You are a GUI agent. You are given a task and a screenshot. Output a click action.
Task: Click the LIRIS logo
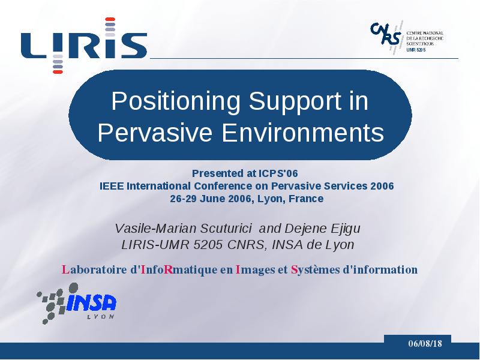point(84,46)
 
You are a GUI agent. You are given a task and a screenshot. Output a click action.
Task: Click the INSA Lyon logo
point(76,304)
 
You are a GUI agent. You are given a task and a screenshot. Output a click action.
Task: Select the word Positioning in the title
point(175,101)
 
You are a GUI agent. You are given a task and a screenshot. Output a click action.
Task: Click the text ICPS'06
point(278,173)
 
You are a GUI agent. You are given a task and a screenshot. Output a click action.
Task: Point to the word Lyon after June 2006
point(269,199)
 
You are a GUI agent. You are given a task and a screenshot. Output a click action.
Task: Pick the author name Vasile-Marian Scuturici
point(183,228)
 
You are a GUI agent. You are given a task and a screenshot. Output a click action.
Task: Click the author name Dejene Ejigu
point(322,229)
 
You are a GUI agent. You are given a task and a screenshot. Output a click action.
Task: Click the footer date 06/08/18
point(425,343)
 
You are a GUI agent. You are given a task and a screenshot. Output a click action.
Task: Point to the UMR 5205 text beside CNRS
point(416,50)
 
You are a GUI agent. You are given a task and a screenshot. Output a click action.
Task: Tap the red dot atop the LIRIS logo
point(110,19)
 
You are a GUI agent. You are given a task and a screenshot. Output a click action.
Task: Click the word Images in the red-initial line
point(256,269)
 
